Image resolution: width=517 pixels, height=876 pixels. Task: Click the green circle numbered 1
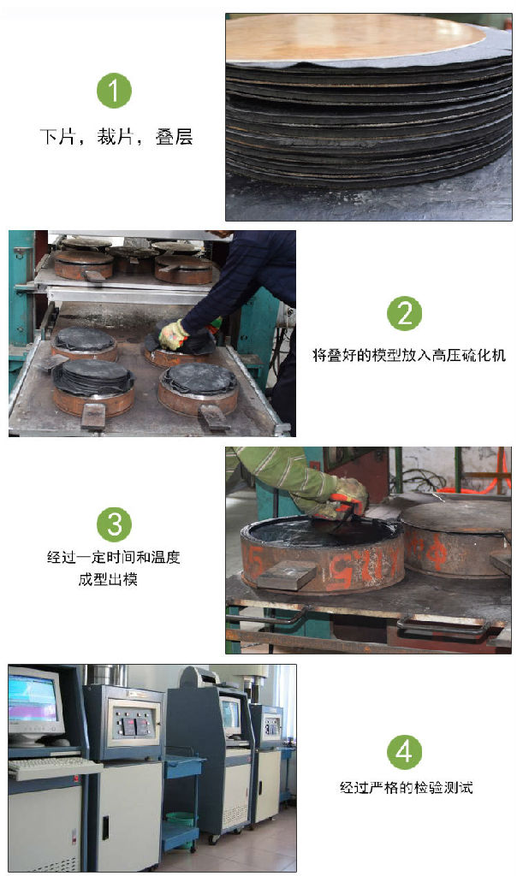114,91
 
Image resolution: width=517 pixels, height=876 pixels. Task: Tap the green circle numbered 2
404,313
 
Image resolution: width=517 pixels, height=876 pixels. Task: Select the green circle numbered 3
114,524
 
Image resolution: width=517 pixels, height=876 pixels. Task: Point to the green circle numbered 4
404,752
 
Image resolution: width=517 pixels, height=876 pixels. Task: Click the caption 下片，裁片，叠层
116,136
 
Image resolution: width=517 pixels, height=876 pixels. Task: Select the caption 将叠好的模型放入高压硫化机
408,355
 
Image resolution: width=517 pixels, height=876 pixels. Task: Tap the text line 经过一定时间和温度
114,557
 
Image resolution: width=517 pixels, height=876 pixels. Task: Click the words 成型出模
108,579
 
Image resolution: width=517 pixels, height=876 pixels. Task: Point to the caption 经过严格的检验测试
407,788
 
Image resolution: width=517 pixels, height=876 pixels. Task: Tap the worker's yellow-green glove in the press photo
173,334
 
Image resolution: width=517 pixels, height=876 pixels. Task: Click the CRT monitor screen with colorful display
33,698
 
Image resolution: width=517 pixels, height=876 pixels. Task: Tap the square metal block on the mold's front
287,574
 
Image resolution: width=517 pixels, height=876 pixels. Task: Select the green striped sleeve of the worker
279,471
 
